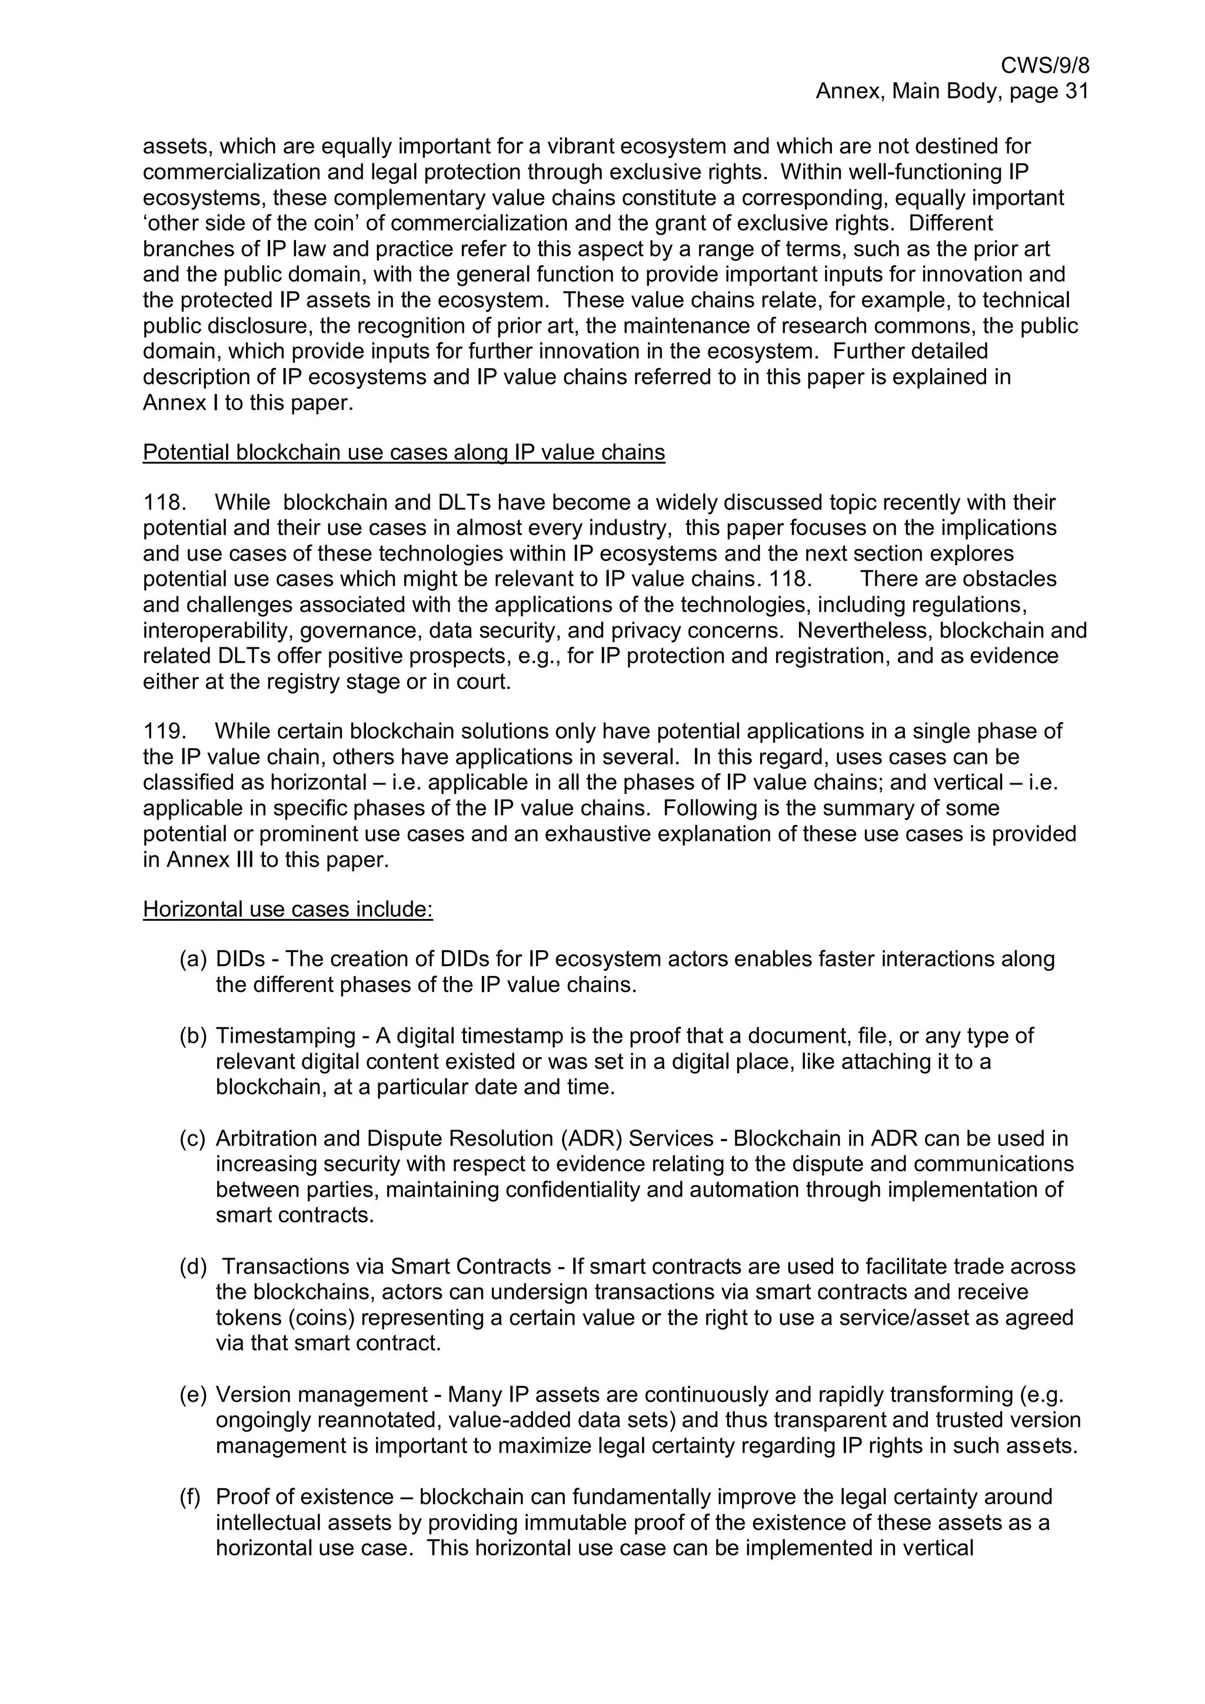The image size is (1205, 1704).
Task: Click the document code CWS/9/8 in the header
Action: [1044, 66]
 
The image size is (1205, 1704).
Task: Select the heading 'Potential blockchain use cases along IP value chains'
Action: [403, 453]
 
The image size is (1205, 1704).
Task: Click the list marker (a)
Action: [192, 959]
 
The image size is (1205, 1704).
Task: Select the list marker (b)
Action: [192, 1035]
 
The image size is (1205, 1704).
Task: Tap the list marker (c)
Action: [192, 1138]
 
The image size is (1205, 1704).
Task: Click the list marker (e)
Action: [192, 1395]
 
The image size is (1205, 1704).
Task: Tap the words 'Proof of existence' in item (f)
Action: [304, 1497]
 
